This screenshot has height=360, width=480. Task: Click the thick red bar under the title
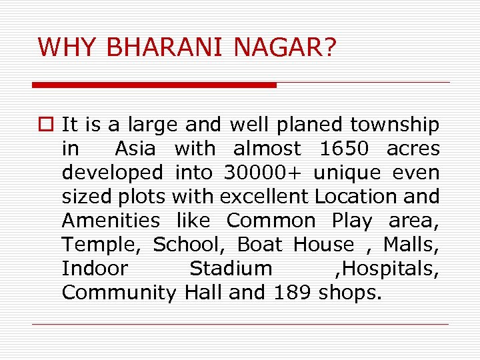point(154,85)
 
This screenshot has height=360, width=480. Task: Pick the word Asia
point(135,149)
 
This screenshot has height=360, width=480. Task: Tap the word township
point(395,125)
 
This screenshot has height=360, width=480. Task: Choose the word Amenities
point(111,221)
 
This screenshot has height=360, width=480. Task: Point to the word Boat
point(260,245)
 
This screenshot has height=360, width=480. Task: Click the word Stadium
point(231,269)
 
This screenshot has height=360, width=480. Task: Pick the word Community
point(119,293)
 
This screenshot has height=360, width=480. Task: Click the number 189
point(294,293)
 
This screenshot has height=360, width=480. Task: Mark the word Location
point(356,197)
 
